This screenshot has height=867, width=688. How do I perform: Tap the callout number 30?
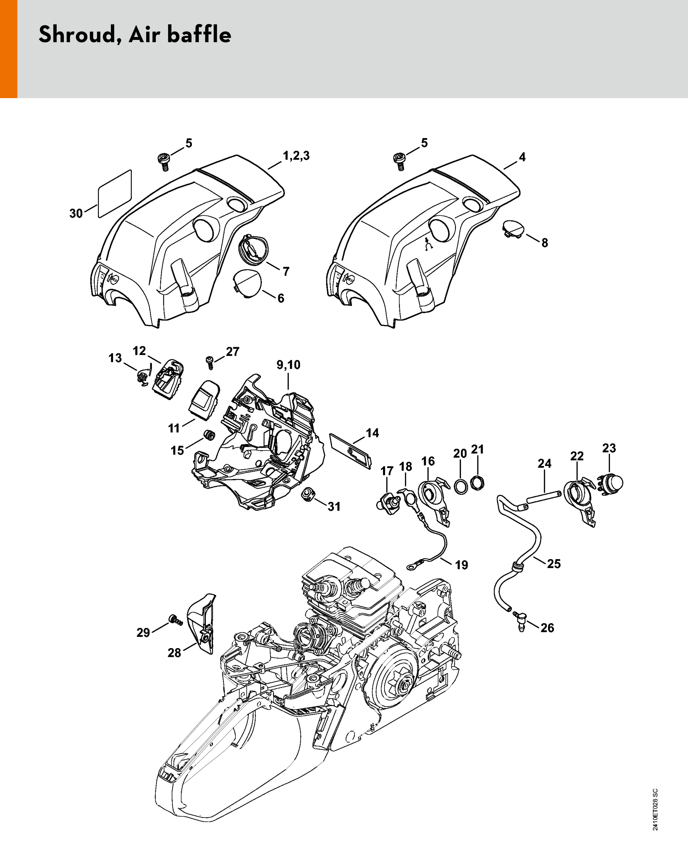[x=76, y=214]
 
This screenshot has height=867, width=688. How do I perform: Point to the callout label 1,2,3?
[x=296, y=156]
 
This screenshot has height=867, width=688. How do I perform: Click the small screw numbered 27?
[x=209, y=363]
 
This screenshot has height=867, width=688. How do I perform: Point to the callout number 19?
[x=462, y=565]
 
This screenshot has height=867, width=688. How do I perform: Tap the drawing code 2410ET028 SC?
[x=655, y=809]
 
